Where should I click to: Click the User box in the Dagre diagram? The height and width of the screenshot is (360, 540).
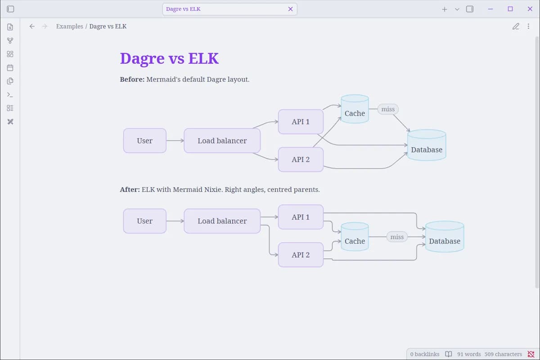144,140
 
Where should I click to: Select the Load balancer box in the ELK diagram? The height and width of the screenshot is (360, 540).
222,221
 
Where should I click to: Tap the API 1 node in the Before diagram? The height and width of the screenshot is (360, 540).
301,121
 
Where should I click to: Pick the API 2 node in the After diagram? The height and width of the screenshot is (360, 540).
301,255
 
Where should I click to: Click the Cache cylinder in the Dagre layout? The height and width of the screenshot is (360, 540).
355,109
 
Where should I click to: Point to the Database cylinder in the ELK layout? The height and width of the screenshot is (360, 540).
445,237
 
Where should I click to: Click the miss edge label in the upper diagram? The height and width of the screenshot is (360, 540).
388,109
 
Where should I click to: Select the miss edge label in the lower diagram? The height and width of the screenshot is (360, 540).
397,237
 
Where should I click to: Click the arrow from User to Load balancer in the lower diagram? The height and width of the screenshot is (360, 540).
175,221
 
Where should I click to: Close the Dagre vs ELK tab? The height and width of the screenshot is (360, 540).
290,9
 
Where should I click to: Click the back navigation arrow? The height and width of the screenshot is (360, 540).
32,26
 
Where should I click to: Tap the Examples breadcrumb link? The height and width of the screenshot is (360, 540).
69,26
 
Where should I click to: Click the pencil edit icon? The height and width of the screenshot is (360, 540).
516,26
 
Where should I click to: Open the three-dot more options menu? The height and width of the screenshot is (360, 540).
528,26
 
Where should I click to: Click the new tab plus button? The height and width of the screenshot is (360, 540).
444,9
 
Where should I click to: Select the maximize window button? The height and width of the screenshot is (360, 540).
510,9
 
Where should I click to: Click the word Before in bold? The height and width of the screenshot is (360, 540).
132,79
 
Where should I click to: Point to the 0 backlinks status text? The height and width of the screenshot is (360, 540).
424,354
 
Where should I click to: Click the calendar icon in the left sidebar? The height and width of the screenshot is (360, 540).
10,67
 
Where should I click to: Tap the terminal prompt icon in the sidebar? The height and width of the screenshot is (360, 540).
10,95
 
